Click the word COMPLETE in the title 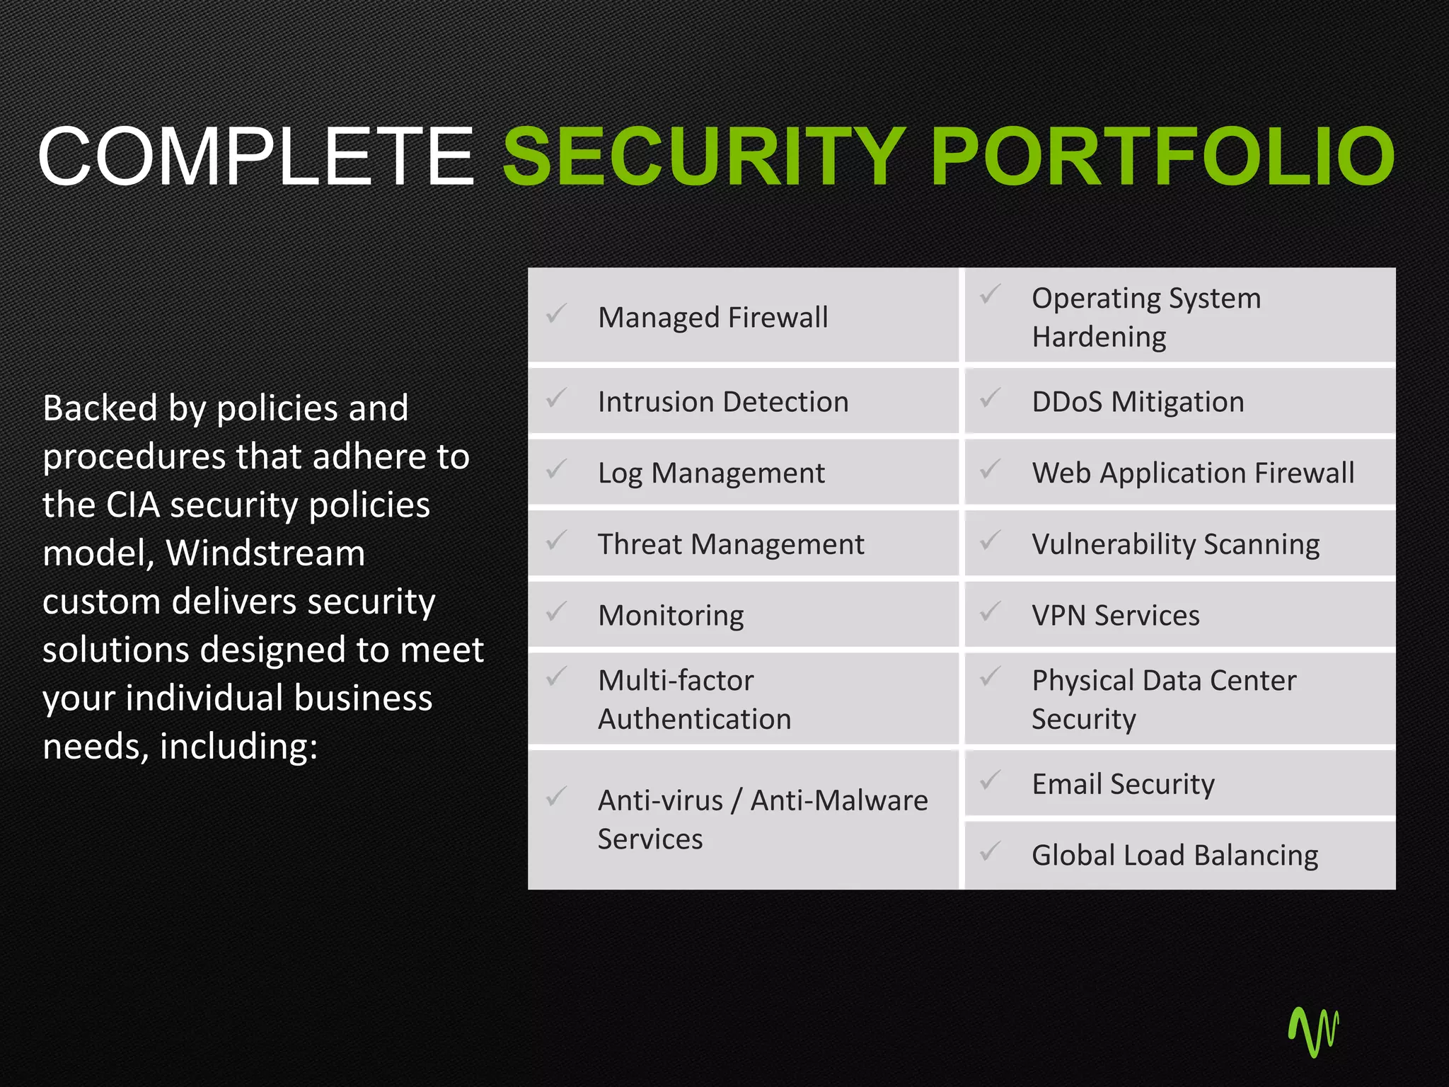tap(255, 156)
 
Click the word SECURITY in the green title tap(704, 156)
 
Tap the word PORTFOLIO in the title tap(1162, 156)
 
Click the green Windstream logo tap(1314, 1032)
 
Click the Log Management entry tap(711, 473)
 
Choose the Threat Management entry tap(731, 544)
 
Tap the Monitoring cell tap(671, 616)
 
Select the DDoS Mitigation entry tap(1138, 402)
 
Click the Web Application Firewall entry tap(1193, 473)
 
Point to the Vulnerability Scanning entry tap(1175, 544)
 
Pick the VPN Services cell tap(1116, 616)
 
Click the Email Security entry tap(1123, 784)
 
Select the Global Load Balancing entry tap(1174, 856)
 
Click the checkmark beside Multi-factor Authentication tap(557, 677)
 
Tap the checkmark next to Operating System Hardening tap(991, 294)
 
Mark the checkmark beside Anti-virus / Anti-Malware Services tap(557, 797)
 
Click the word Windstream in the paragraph tap(265, 553)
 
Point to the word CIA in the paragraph tap(132, 505)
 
